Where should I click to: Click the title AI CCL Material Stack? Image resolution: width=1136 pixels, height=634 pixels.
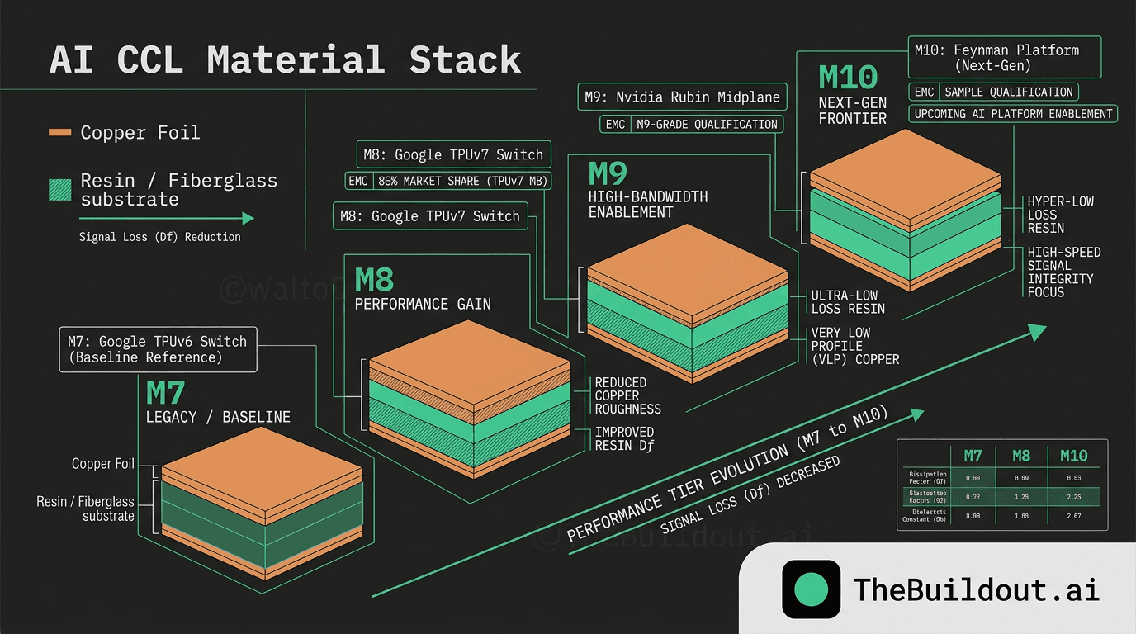[285, 60]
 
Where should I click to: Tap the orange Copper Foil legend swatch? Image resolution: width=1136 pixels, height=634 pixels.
[60, 133]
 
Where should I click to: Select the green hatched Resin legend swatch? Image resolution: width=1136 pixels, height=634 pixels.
[60, 191]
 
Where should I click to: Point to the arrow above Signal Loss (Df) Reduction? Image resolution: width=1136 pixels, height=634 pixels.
[166, 219]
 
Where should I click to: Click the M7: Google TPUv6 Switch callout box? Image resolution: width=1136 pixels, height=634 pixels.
[158, 349]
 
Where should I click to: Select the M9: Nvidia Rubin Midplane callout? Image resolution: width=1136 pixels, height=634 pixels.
[681, 97]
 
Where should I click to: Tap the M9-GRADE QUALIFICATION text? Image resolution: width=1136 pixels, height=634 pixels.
[705, 125]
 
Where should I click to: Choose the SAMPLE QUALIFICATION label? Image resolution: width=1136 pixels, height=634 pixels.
[1008, 92]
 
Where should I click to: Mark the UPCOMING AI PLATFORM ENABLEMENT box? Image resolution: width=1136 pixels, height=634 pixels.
[1014, 114]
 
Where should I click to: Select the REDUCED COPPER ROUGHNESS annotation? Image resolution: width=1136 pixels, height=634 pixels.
[627, 395]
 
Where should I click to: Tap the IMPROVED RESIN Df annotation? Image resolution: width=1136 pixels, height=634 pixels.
[624, 438]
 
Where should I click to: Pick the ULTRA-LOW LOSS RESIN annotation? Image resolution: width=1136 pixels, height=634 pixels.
[847, 302]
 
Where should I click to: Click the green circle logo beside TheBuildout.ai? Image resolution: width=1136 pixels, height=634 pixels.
[811, 589]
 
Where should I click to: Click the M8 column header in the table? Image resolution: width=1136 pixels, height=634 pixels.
[1020, 455]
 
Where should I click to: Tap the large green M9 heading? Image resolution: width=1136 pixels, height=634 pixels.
[608, 174]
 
